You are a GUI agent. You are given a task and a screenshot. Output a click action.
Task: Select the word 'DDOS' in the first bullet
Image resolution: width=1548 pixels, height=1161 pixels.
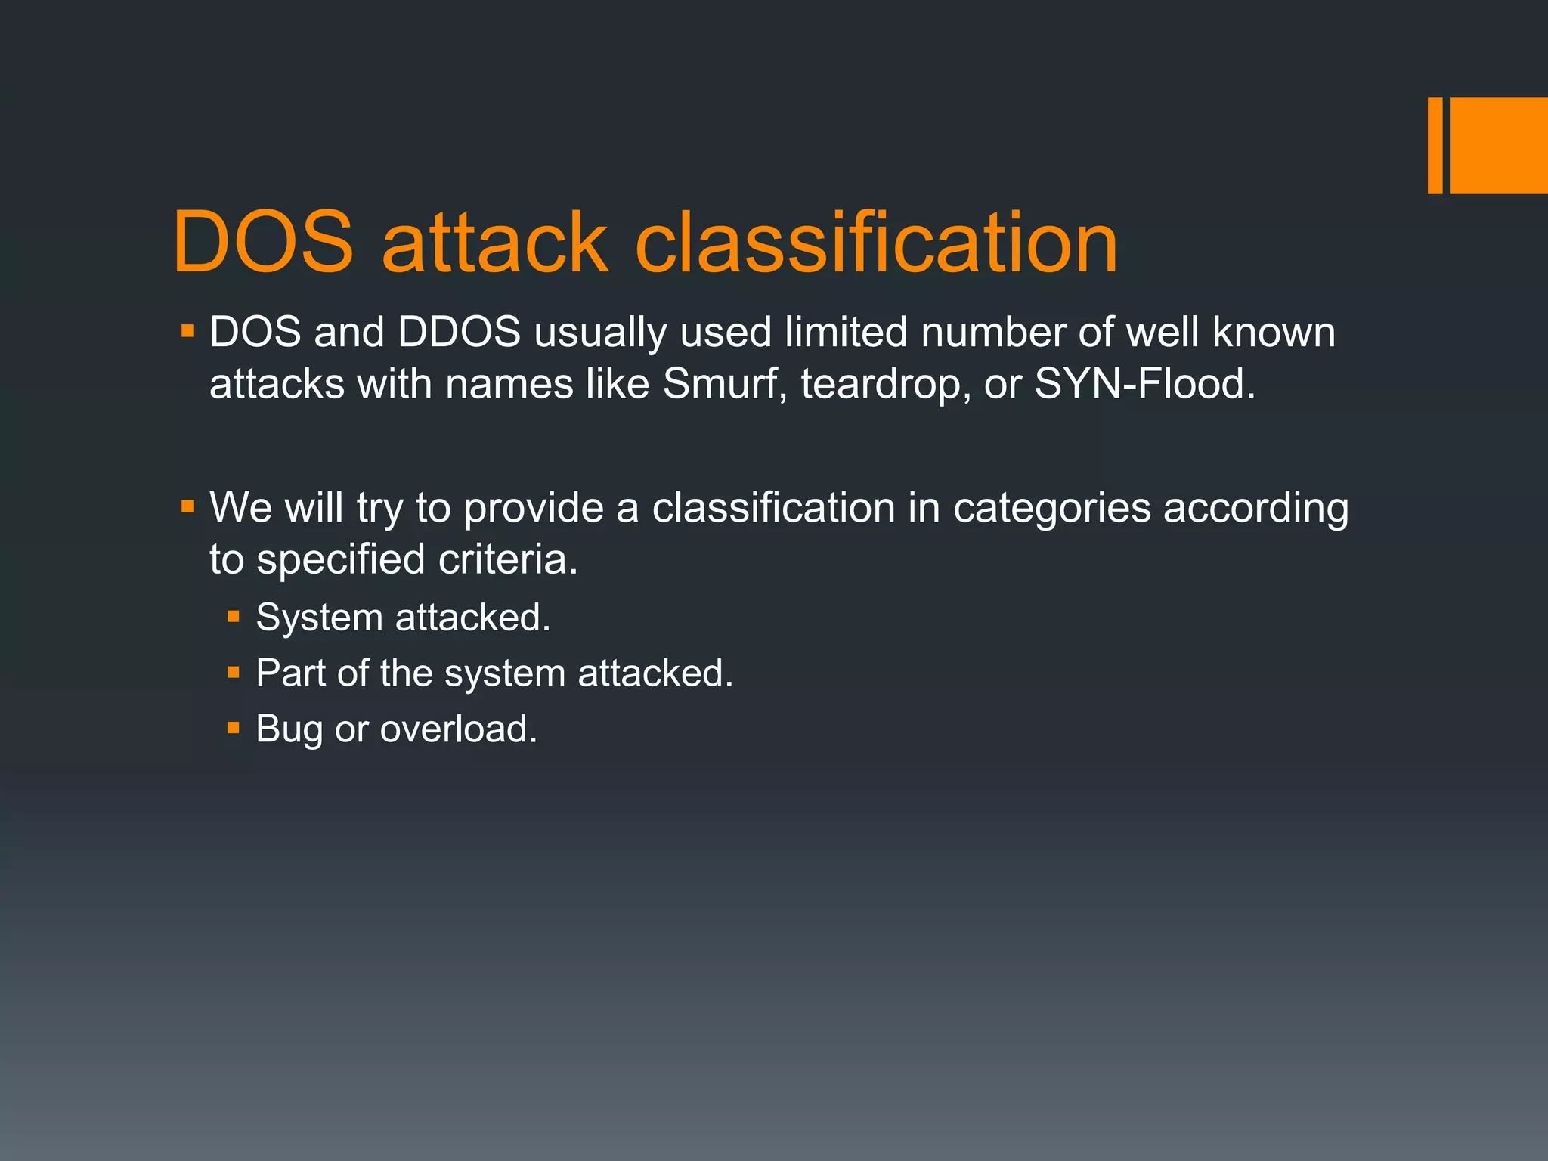[x=459, y=333]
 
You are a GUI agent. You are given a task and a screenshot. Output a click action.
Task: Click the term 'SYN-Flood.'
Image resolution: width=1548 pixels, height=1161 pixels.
[x=1144, y=384]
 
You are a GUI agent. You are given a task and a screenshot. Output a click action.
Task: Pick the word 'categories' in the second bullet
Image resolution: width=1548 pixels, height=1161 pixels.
[x=1051, y=508]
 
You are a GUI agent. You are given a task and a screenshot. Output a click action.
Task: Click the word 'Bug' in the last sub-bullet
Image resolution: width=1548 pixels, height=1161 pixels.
[x=289, y=730]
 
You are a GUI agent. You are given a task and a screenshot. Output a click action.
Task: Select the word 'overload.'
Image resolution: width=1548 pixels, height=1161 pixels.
[x=458, y=729]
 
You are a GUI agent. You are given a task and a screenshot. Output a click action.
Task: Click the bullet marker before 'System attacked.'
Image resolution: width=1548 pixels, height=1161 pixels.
[x=234, y=618]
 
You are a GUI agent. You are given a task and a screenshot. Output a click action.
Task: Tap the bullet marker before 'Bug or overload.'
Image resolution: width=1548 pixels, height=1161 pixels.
[x=234, y=729]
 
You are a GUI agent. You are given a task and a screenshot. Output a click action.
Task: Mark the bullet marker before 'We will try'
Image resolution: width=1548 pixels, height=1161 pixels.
[x=187, y=506]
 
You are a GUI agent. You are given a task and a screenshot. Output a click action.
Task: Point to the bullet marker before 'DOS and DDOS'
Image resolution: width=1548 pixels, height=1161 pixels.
[x=187, y=331]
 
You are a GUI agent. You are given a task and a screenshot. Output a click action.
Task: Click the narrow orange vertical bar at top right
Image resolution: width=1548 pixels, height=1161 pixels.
[x=1435, y=145]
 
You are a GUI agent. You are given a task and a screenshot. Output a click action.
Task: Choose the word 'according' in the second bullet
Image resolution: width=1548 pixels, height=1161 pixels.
[x=1255, y=508]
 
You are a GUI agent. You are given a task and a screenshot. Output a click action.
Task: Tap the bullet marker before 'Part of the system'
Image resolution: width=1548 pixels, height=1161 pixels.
[x=234, y=673]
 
